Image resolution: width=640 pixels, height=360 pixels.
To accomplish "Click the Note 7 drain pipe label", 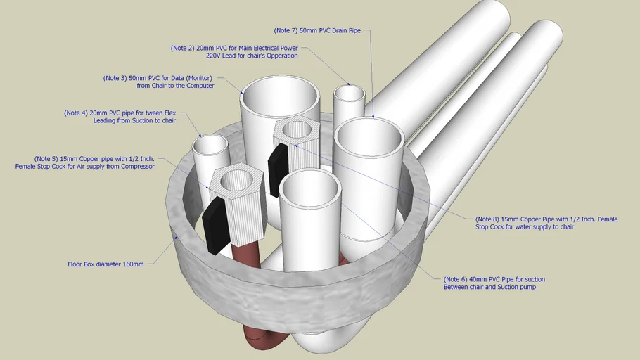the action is (x=317, y=31).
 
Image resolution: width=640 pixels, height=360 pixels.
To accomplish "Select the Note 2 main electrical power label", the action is (x=234, y=52).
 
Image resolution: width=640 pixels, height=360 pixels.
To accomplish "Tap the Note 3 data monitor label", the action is (x=159, y=82).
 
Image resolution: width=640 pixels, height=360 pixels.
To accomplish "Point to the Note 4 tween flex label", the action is (x=120, y=116).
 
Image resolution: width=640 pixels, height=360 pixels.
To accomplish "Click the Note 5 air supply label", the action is (x=85, y=162).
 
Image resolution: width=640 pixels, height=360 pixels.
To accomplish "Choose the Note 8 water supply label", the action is (x=546, y=223).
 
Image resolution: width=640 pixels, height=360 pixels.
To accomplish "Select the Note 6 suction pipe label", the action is (x=494, y=283).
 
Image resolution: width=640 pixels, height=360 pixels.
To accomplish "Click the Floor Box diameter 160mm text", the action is (x=105, y=264).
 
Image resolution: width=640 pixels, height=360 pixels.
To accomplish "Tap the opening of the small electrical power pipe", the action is (x=350, y=94).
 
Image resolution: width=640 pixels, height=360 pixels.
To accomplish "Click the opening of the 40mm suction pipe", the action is (x=310, y=186).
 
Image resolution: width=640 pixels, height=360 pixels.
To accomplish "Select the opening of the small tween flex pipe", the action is (x=210, y=146).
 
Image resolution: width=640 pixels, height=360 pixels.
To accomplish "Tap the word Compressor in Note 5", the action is (x=136, y=167).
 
